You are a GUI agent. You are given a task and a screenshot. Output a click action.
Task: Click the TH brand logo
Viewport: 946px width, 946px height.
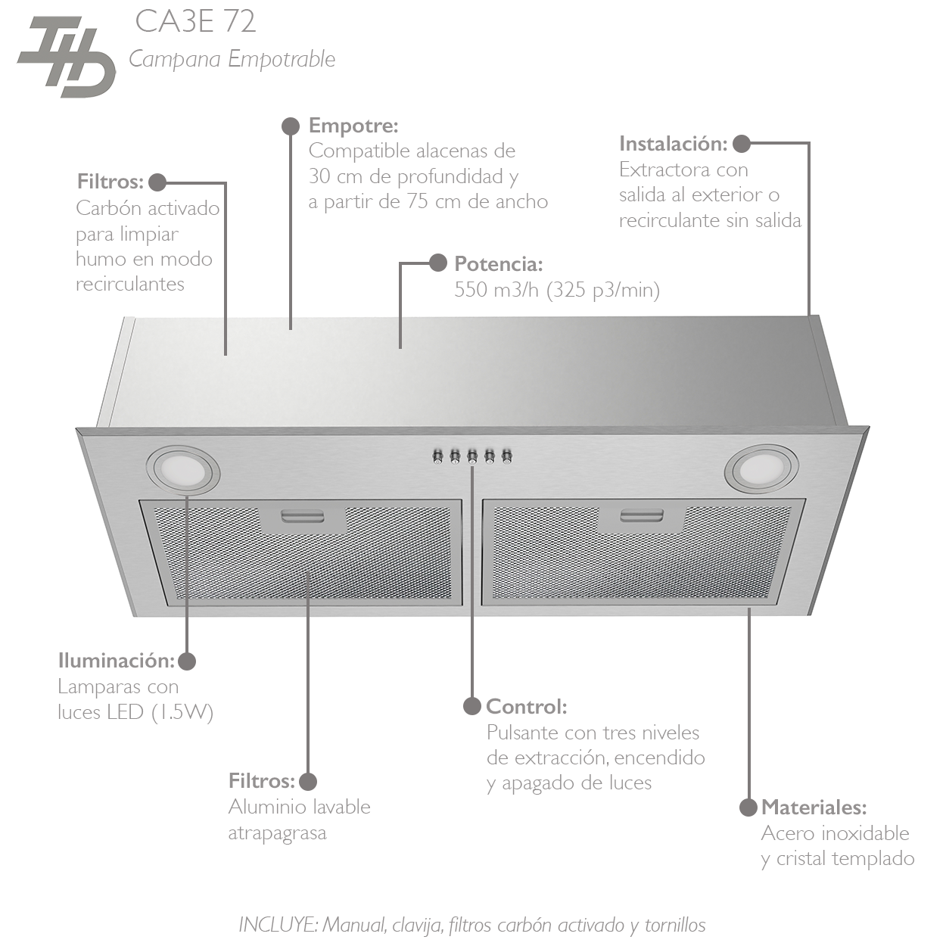point(67,58)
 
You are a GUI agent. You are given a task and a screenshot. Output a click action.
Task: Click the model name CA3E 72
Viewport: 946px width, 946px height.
point(195,22)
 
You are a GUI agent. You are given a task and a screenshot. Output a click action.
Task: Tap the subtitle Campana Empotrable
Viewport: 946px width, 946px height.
point(232,59)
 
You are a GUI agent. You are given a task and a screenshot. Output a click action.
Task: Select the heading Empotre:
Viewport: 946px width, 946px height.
point(353,125)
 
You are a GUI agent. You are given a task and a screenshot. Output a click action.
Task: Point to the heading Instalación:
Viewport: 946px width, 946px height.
point(673,143)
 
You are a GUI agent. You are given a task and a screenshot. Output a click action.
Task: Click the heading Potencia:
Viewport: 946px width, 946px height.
point(498,263)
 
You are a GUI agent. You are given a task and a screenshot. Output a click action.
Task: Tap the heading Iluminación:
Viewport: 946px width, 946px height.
point(117,660)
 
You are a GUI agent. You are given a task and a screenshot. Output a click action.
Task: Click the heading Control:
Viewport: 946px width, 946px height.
point(526,706)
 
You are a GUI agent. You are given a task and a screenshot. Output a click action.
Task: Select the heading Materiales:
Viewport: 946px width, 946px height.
point(814,807)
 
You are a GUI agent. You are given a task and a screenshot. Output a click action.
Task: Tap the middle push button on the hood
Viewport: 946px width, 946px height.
point(472,456)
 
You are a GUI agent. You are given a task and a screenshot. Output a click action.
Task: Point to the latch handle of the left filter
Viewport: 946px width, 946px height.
point(302,517)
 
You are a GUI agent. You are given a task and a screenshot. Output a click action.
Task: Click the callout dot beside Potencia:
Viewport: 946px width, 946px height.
point(437,263)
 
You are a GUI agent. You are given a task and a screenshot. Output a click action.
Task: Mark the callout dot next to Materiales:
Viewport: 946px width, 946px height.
point(748,807)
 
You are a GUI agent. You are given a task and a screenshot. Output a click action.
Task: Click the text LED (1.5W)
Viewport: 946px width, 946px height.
point(182,711)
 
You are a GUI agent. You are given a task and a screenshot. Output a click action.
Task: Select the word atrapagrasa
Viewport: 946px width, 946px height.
point(277,832)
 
